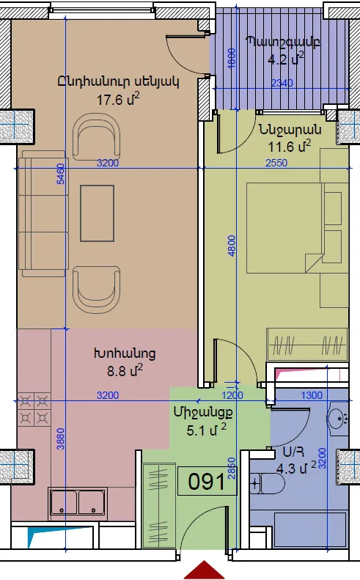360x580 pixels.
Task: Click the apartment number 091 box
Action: point(207,481)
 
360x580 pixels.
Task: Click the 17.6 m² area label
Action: point(118,99)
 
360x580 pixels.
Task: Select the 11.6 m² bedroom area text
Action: point(289,147)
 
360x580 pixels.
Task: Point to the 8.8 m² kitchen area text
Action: point(125,370)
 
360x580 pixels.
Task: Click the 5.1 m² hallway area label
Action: point(206,430)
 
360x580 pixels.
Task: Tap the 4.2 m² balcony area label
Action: point(286,59)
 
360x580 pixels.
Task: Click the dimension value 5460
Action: point(61,174)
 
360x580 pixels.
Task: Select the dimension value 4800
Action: point(232,246)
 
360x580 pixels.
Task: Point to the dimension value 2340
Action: point(282,83)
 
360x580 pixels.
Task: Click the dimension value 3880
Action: point(61,438)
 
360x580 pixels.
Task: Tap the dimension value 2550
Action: point(276,163)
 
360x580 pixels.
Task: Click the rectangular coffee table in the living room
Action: point(97,213)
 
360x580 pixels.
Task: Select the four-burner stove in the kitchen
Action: point(34,410)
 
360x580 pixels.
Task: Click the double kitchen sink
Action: point(78,502)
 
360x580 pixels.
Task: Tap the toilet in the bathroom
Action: point(267,483)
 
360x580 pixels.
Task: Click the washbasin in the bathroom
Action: point(337,419)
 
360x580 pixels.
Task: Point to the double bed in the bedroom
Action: point(286,228)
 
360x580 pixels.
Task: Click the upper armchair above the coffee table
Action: point(97,137)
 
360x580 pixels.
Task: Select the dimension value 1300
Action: point(312,395)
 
